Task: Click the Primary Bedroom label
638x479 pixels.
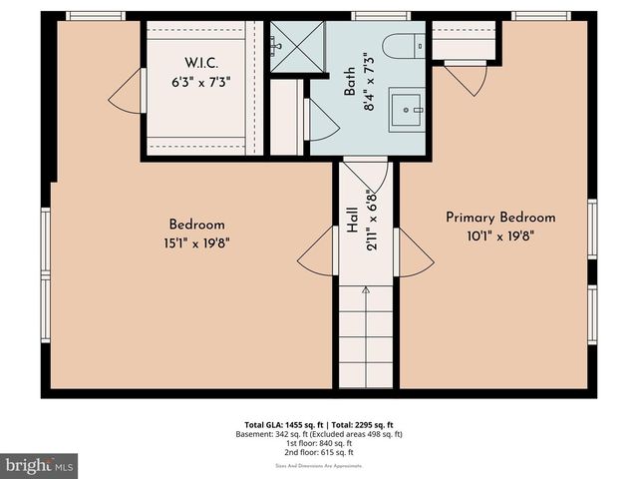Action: coord(500,218)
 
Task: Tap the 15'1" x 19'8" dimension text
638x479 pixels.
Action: coord(196,241)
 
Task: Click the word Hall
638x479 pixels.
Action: coord(353,221)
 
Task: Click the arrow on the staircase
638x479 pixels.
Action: coord(366,290)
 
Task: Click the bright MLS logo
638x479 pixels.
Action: coord(40,465)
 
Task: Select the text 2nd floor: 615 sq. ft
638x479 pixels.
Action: coord(319,453)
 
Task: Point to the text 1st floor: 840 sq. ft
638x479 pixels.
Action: coord(319,444)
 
